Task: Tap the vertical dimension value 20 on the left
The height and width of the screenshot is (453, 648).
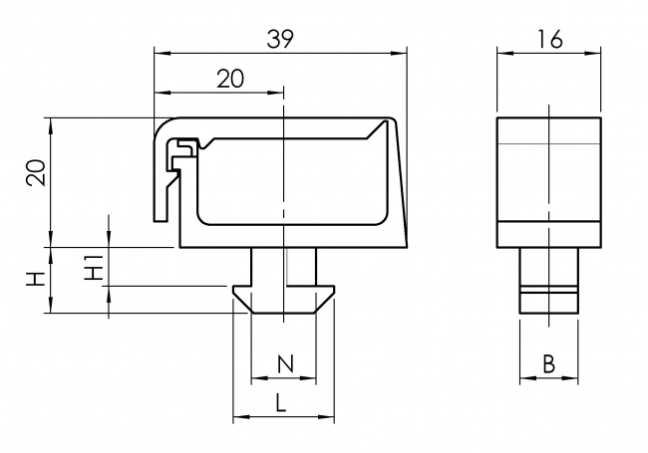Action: point(35,173)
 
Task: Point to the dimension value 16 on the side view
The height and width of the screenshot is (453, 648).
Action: point(548,38)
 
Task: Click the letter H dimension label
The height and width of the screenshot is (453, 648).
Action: point(35,280)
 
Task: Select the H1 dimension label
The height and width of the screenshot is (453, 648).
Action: point(93,267)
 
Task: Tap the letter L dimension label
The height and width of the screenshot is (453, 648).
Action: point(282,402)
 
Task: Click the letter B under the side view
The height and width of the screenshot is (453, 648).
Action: point(548,364)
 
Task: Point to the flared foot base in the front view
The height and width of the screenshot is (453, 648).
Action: point(283,298)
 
